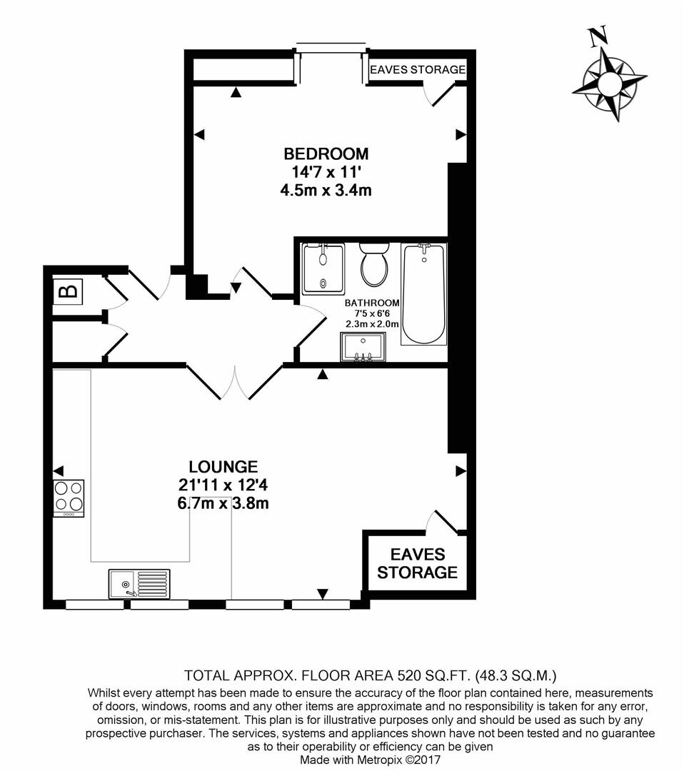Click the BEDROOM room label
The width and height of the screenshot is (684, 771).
326,153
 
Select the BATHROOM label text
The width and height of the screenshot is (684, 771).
372,303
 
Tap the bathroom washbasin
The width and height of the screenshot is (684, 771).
363,348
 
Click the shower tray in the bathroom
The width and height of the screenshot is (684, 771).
323,268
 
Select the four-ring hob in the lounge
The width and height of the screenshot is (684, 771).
69,498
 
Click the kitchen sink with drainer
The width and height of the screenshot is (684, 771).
139,583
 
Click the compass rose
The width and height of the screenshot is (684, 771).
609,84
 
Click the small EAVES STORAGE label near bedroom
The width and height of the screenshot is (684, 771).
418,70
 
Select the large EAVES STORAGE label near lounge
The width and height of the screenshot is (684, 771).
418,563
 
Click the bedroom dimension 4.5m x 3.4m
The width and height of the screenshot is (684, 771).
326,191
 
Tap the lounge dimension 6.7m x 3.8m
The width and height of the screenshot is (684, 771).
223,504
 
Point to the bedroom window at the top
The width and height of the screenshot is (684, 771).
331,47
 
